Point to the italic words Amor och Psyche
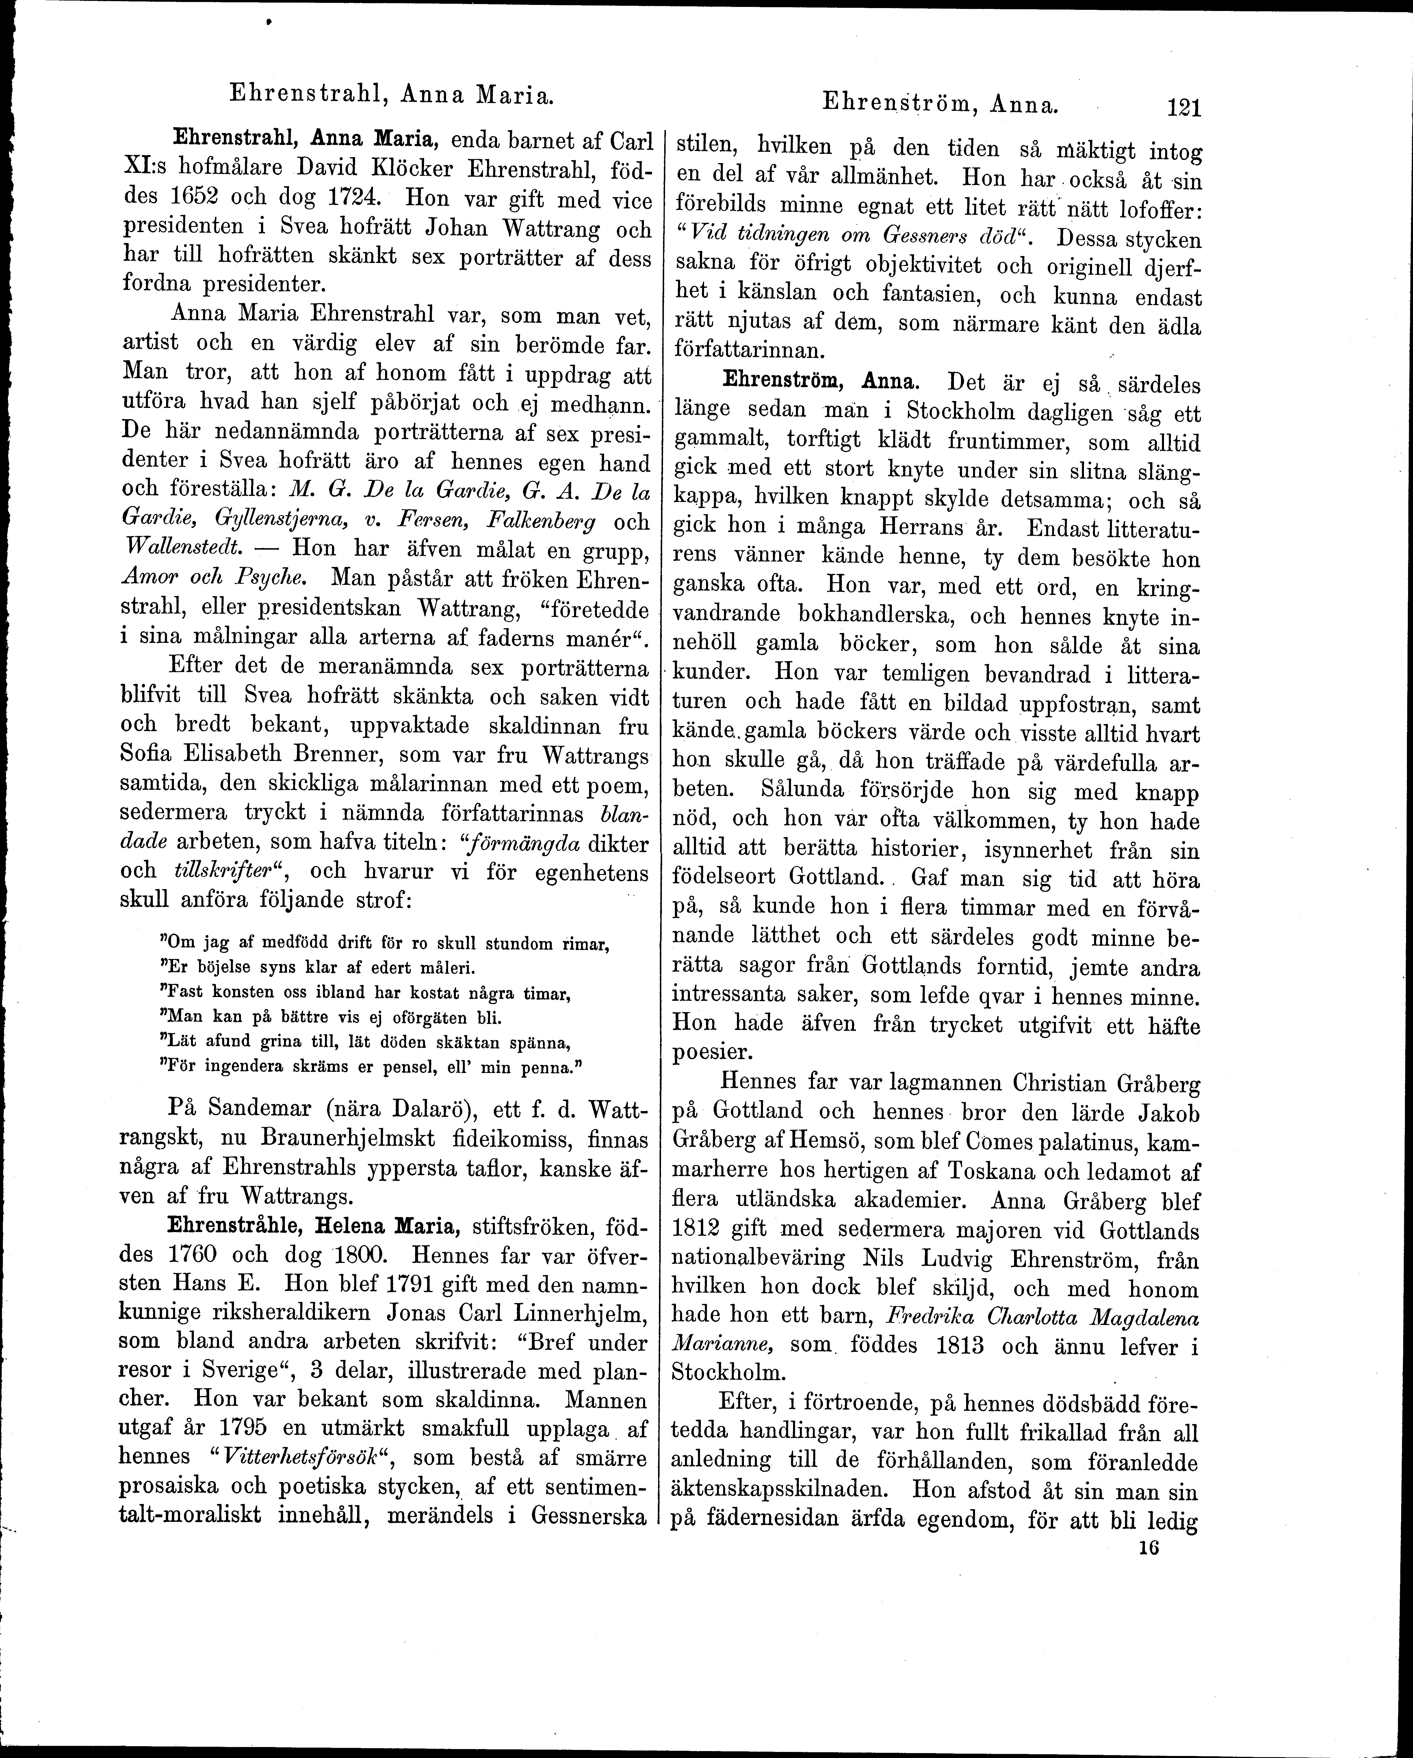[x=212, y=580]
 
